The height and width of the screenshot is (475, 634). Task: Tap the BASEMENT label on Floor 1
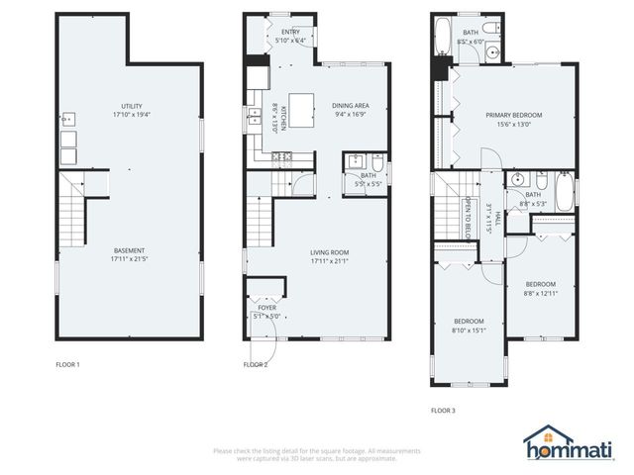[x=130, y=249]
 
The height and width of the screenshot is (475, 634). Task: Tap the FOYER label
[x=266, y=308]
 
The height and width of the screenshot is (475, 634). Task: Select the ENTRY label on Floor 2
[x=290, y=32]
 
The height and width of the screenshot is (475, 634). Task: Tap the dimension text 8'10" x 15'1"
[x=469, y=332]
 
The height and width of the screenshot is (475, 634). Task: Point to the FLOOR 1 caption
[x=68, y=364]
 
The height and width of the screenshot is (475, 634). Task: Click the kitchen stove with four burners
[x=278, y=155]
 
